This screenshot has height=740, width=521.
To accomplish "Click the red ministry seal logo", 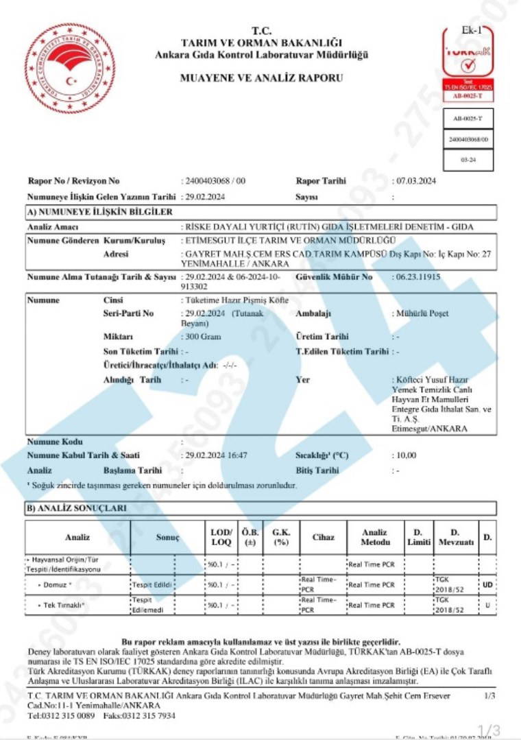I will tap(70, 68).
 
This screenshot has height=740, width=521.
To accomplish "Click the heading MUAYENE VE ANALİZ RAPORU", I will tap(261, 78).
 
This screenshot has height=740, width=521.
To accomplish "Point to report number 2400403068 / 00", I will tap(215, 181).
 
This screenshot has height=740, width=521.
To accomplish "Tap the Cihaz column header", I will tap(323, 537).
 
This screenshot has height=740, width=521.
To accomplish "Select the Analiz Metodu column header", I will tap(375, 537).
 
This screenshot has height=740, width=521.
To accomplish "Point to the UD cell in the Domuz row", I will tap(487, 585).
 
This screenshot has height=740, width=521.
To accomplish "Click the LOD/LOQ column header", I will tap(220, 537).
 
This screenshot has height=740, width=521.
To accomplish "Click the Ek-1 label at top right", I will tap(472, 30).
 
